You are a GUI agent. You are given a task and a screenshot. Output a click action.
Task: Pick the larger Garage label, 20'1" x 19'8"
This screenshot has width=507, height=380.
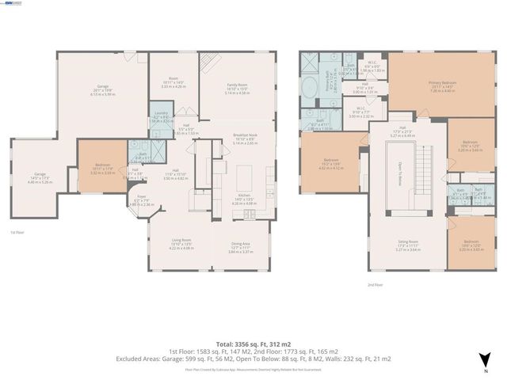click(x=102, y=89)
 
